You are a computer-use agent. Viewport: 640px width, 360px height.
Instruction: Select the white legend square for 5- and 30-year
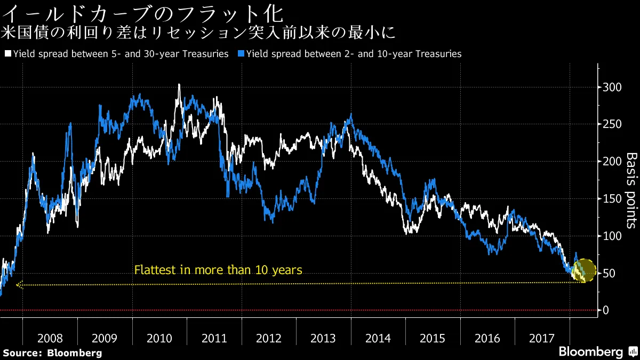7,54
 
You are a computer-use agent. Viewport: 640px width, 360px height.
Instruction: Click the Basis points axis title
631,190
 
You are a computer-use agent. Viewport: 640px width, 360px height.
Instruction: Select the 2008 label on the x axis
50,339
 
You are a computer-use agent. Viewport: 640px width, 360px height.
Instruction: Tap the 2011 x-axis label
214,339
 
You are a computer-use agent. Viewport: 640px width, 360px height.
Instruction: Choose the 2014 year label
378,339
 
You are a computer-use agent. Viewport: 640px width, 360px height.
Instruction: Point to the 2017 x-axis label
542,339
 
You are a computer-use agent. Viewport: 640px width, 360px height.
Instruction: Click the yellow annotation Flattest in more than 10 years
218,270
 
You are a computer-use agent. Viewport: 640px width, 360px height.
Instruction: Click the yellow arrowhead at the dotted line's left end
19,285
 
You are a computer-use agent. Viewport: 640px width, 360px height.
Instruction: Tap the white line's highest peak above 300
179,85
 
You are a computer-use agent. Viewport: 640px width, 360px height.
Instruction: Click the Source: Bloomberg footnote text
52,353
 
